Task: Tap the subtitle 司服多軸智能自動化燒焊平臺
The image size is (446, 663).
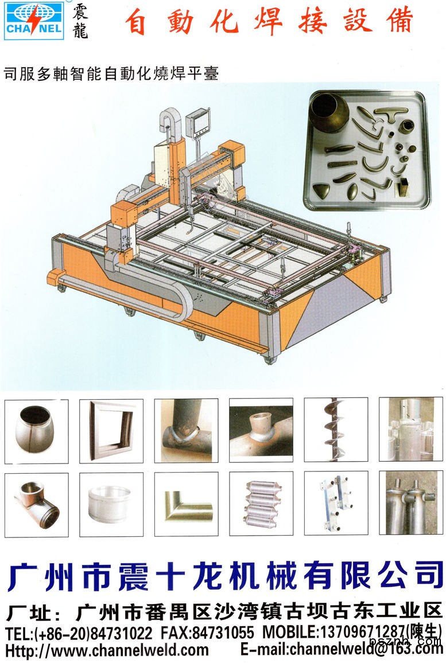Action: point(111,73)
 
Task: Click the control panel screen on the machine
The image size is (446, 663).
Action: point(199,120)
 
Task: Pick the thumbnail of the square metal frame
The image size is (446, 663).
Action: point(111,431)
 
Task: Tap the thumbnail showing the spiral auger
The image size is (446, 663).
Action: point(336,430)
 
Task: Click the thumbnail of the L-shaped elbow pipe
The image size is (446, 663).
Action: point(186,504)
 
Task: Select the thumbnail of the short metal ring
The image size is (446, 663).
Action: point(111,505)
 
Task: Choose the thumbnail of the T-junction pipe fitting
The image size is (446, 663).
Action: point(36,505)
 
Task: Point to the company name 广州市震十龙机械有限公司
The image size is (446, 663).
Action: point(225,576)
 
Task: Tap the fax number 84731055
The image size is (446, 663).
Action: point(223,633)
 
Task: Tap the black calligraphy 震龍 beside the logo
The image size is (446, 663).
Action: point(80,21)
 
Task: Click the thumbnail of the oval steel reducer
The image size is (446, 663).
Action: point(36,431)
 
